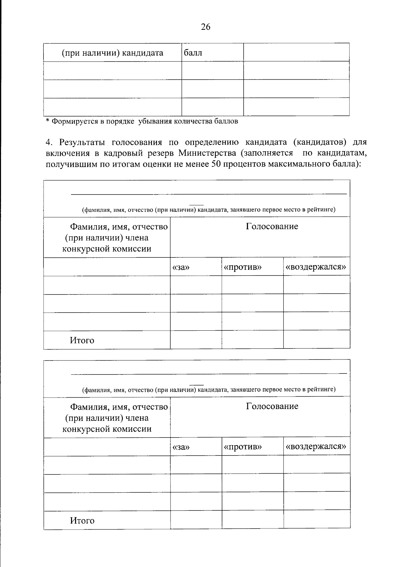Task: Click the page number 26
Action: click(x=205, y=27)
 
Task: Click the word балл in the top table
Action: click(x=193, y=53)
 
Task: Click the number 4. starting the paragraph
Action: click(x=49, y=142)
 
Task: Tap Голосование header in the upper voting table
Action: click(x=272, y=227)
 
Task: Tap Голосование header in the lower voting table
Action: click(x=272, y=406)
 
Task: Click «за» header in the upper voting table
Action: click(x=181, y=267)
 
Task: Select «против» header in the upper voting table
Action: click(x=243, y=267)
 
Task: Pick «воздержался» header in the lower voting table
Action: click(x=316, y=447)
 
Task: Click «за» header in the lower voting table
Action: click(x=181, y=447)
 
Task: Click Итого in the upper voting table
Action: click(x=82, y=341)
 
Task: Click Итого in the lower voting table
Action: click(x=82, y=520)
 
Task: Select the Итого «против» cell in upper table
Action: click(x=252, y=340)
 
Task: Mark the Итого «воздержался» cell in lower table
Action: click(x=317, y=520)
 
